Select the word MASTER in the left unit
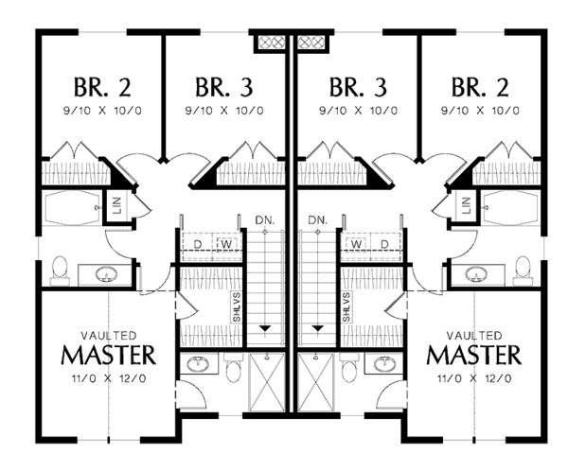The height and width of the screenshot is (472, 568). tap(107, 356)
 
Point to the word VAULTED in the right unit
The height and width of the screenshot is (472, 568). tap(472, 335)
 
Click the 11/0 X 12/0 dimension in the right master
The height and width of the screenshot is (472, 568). tap(472, 378)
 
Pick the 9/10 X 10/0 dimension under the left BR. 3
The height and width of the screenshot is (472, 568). tap(223, 111)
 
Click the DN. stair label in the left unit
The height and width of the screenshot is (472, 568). tap(265, 220)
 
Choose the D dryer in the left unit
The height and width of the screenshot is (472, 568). tap(198, 243)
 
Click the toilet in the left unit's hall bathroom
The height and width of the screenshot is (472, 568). tap(60, 271)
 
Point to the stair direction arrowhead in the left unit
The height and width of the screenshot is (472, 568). tap(266, 327)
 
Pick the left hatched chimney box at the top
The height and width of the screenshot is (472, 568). tap(270, 42)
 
